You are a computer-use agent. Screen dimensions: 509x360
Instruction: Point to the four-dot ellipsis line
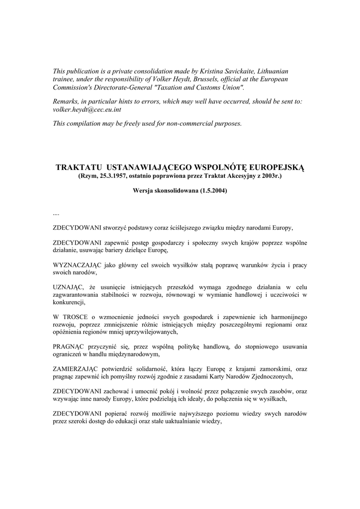[56, 213]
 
